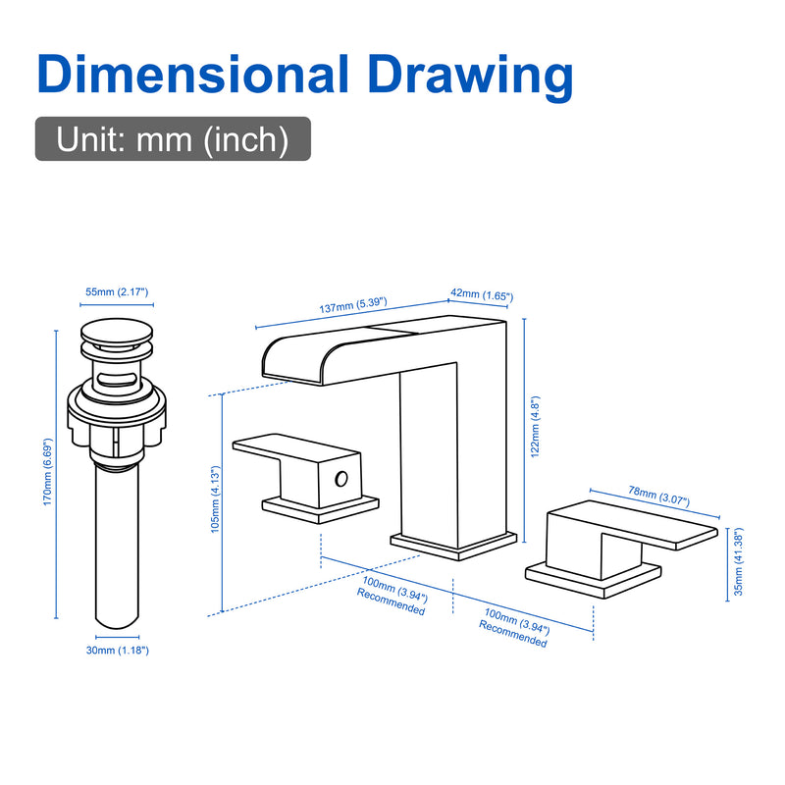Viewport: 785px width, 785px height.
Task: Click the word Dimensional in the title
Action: pyautogui.click(x=192, y=75)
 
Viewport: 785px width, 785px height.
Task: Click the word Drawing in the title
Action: pyautogui.click(x=471, y=78)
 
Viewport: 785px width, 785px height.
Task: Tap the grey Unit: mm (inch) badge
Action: pyautogui.click(x=173, y=138)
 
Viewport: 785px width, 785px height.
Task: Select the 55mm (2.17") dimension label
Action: pyautogui.click(x=117, y=291)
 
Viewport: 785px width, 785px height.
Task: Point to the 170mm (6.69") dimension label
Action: pyautogui.click(x=47, y=472)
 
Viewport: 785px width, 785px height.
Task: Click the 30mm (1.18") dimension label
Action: pyautogui.click(x=118, y=651)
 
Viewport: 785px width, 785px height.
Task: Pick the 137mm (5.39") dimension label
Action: pyautogui.click(x=353, y=305)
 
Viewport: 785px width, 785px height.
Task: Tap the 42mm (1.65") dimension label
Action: pyautogui.click(x=482, y=295)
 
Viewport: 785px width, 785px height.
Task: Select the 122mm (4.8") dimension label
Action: pyautogui.click(x=535, y=427)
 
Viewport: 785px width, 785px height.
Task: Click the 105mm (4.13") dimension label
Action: pyautogui.click(x=215, y=499)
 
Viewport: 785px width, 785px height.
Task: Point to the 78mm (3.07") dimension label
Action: pyautogui.click(x=658, y=497)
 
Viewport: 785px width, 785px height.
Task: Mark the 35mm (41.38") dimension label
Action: pyautogui.click(x=739, y=561)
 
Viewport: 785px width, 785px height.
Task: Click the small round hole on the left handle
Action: pyautogui.click(x=341, y=479)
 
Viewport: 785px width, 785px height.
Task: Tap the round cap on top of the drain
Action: pyautogui.click(x=117, y=333)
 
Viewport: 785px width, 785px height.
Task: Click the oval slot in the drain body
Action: pyautogui.click(x=117, y=379)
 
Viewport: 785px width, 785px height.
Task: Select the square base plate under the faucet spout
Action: pyautogui.click(x=453, y=546)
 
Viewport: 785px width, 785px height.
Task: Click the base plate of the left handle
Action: pyautogui.click(x=321, y=509)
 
